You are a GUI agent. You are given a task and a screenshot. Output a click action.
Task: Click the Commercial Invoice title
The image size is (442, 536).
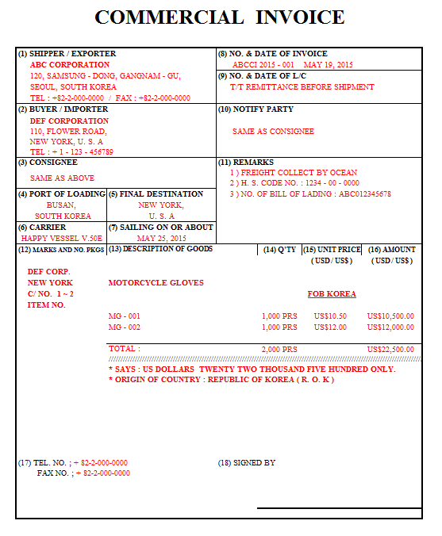pyautogui.click(x=220, y=17)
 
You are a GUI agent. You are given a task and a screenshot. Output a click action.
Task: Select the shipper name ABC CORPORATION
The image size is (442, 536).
pyautogui.click(x=70, y=65)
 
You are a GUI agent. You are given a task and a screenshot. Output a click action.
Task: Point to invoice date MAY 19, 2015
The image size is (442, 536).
pyautogui.click(x=328, y=65)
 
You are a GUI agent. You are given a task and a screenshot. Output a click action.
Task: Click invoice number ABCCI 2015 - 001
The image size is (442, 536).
pyautogui.click(x=263, y=65)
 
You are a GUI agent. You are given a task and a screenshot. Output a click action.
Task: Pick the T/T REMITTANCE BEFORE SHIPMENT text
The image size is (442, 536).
pyautogui.click(x=302, y=87)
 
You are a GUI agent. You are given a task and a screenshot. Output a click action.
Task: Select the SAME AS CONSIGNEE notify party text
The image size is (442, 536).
pyautogui.click(x=273, y=132)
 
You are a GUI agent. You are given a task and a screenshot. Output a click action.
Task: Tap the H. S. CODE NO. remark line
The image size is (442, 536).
pyautogui.click(x=294, y=183)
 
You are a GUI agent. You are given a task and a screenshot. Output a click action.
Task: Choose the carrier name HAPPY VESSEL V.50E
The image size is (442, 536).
pyautogui.click(x=61, y=238)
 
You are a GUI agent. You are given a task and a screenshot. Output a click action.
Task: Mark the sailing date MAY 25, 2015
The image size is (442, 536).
pyautogui.click(x=161, y=238)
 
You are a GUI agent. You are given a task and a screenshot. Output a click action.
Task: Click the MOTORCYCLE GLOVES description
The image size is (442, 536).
pyautogui.click(x=156, y=283)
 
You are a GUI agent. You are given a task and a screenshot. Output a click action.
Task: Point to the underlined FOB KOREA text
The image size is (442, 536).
pyautogui.click(x=332, y=294)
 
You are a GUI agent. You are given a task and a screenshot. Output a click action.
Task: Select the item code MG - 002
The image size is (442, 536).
pyautogui.click(x=125, y=327)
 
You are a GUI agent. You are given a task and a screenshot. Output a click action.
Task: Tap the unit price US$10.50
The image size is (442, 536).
pyautogui.click(x=330, y=316)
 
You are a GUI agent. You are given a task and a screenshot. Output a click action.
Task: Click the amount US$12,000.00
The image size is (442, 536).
pyautogui.click(x=390, y=327)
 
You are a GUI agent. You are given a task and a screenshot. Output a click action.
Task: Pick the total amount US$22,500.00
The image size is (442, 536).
pyautogui.click(x=390, y=349)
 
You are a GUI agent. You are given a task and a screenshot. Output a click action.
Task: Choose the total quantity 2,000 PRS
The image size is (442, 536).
pyautogui.click(x=279, y=349)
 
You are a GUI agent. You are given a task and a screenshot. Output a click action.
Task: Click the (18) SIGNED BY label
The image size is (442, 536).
pyautogui.click(x=247, y=462)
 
